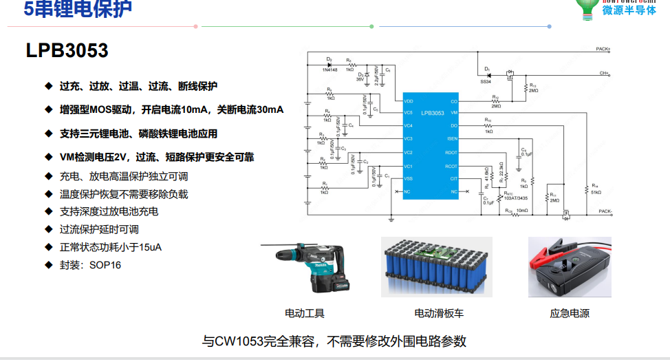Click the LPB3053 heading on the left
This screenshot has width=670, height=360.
coord(67,50)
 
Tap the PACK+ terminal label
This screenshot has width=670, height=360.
coord(605,50)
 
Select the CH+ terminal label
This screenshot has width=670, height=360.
coord(605,73)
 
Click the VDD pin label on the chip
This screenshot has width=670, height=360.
coord(409,100)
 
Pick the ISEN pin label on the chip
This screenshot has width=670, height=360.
coord(452,140)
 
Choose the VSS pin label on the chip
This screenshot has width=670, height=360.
coord(409,179)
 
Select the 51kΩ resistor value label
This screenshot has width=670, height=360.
coord(595,192)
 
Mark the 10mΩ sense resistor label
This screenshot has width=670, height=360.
coord(522,211)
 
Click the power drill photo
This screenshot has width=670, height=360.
coord(308,267)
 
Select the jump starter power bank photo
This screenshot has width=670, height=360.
coord(570,267)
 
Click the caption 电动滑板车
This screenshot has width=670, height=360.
coord(438,314)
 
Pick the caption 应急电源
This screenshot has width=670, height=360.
coord(570,314)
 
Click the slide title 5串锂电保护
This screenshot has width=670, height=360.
coord(78,9)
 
